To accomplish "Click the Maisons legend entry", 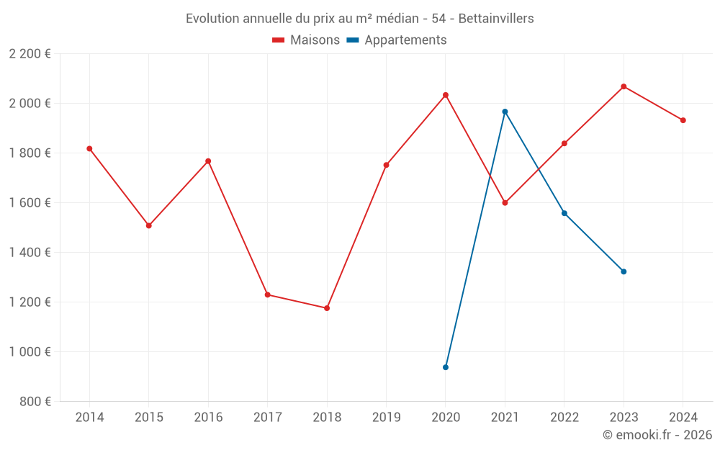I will [x=306, y=40].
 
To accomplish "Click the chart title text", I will [x=360, y=19].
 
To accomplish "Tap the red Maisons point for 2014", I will [x=89, y=149].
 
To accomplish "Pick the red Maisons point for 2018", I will [x=327, y=308].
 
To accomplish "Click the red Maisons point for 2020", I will [x=446, y=95].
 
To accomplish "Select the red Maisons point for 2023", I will [x=624, y=86].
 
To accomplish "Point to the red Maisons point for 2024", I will [x=683, y=120].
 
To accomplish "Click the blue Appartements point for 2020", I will [x=446, y=367].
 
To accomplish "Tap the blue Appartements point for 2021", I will [x=505, y=112].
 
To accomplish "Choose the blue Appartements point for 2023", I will [x=624, y=271].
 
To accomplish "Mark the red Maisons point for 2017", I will [x=267, y=294].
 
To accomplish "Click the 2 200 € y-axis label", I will [x=30, y=54].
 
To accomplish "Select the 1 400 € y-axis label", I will [x=30, y=253].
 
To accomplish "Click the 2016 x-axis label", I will [x=208, y=418].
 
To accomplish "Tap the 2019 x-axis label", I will [x=386, y=418].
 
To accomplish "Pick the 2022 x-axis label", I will [x=564, y=418].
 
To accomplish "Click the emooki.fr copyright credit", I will [x=657, y=435].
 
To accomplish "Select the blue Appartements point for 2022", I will [x=564, y=213].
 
